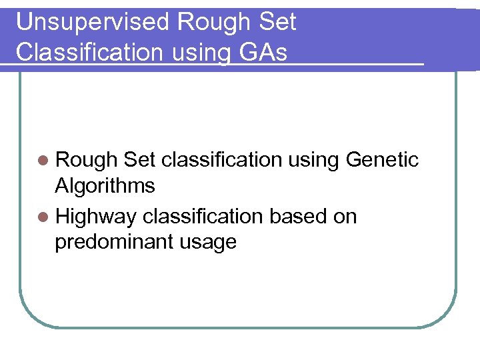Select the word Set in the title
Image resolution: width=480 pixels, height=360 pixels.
277,23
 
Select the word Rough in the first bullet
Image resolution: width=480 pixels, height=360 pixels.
86,160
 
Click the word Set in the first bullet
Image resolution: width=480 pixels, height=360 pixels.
139,160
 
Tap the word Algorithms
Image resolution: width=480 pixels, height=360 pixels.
105,186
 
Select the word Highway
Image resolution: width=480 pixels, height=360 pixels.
96,217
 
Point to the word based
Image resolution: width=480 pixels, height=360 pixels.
292,217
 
